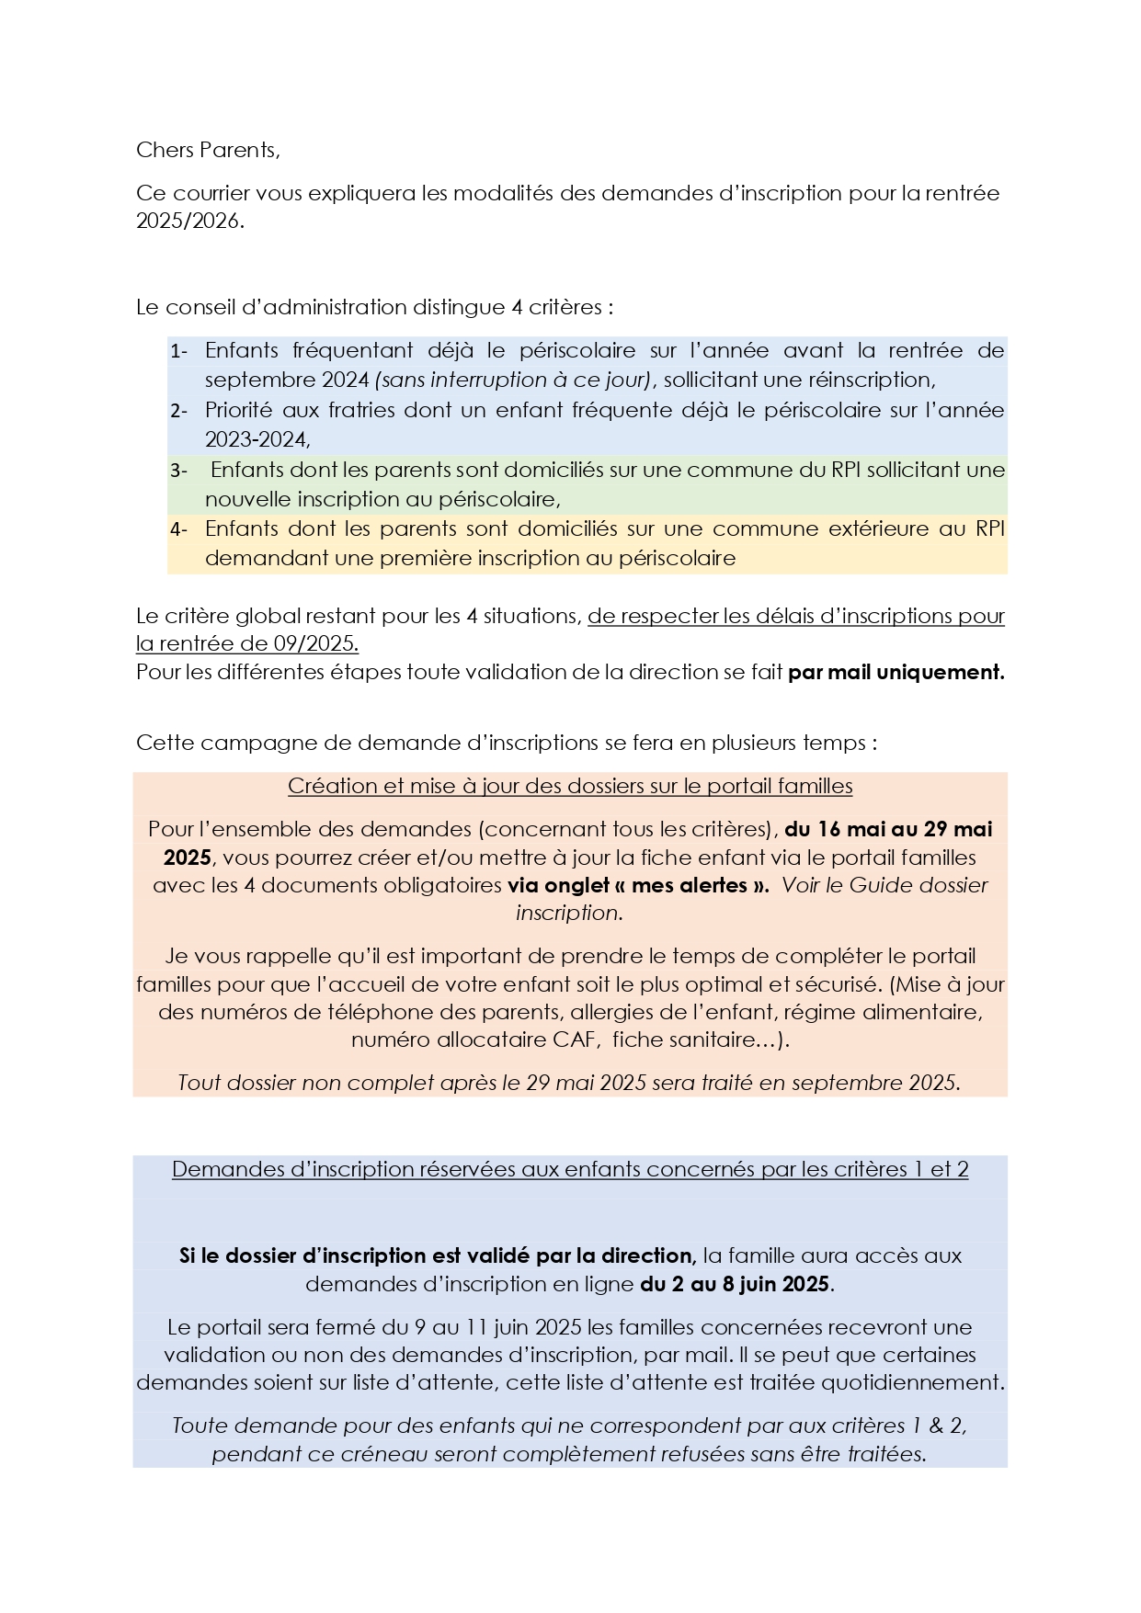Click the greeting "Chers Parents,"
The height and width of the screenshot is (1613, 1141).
[x=207, y=149]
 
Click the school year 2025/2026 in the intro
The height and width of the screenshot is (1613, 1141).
[x=189, y=221]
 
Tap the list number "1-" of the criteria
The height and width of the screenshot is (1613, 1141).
[x=178, y=351]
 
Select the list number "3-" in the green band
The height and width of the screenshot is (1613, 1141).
[x=178, y=471]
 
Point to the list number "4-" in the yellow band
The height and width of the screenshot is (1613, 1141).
[x=178, y=529]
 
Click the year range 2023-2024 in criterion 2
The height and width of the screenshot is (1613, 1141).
[x=257, y=439]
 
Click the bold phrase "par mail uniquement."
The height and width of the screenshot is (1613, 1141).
[x=896, y=672]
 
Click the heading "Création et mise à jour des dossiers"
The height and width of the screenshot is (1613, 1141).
[x=570, y=786]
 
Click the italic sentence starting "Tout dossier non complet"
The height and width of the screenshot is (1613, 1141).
[x=569, y=1083]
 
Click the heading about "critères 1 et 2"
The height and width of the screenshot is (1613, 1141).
[x=570, y=1169]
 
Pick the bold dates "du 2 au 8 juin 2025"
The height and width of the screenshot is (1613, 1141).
[x=736, y=1284]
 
